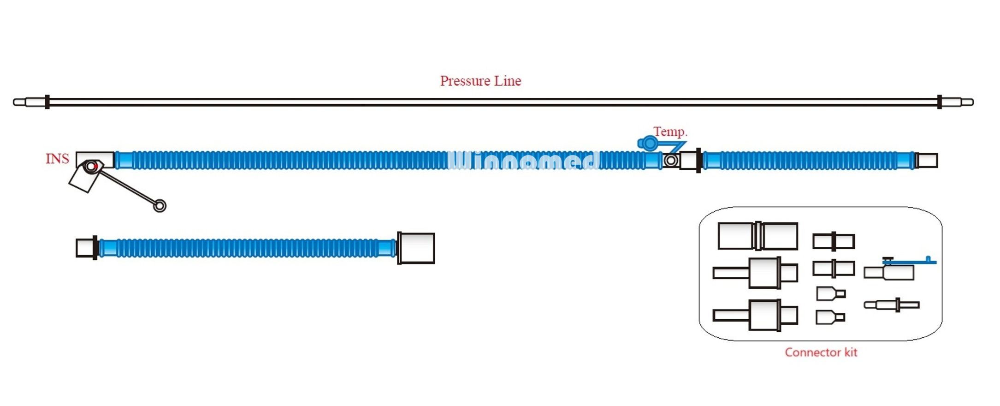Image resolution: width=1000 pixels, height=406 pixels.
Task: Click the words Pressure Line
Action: coord(480,81)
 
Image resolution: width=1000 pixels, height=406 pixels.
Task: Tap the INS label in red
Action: coord(57,159)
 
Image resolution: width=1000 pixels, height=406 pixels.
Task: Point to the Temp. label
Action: coord(670,131)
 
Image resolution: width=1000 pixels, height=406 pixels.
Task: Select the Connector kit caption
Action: coord(821,352)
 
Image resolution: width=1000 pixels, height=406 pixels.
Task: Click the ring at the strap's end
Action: coord(160,206)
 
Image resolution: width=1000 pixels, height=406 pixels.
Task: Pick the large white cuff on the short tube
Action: coord(416,248)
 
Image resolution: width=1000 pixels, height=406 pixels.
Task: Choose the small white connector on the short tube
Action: coord(84,248)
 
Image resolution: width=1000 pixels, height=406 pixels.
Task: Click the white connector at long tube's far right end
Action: coord(927,161)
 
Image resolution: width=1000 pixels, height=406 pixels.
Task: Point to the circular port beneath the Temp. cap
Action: coord(671,161)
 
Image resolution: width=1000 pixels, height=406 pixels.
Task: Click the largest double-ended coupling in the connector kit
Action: coord(757,236)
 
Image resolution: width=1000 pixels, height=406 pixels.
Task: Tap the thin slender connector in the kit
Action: coord(891,305)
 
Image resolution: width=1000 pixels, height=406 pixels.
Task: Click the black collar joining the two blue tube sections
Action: coord(698,161)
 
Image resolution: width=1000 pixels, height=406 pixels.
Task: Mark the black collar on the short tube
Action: coord(95,248)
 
